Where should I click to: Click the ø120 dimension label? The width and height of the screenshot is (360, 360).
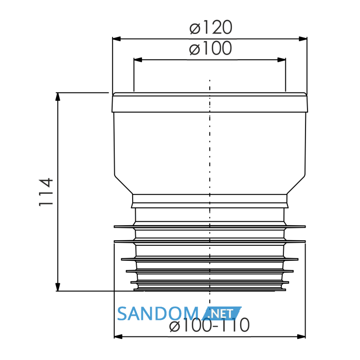click(x=211, y=28)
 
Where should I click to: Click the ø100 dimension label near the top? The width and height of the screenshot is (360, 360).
click(x=210, y=48)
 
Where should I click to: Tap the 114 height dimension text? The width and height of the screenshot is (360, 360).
click(x=46, y=192)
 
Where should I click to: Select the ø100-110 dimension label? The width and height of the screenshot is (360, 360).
click(x=209, y=325)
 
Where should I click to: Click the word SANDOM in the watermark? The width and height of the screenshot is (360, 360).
click(x=158, y=314)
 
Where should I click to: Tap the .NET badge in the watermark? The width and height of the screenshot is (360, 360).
click(x=222, y=313)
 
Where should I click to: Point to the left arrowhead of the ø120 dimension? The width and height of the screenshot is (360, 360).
click(x=117, y=39)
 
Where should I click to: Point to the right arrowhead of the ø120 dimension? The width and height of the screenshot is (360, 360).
click(x=303, y=39)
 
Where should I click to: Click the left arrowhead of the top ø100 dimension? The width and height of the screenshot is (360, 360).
click(x=138, y=60)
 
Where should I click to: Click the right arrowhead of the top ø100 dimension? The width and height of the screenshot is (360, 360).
click(x=281, y=60)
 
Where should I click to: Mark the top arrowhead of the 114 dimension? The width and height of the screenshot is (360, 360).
click(x=58, y=97)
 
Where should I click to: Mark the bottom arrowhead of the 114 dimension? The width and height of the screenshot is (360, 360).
click(x=58, y=287)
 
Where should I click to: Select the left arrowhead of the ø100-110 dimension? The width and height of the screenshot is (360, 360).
click(x=118, y=336)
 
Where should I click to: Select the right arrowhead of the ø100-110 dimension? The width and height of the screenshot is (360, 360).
click(x=301, y=336)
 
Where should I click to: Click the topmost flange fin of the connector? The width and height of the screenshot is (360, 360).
click(x=210, y=227)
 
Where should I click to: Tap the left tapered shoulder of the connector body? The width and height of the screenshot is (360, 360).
click(x=124, y=184)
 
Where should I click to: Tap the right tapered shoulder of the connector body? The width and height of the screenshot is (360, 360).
click(x=296, y=184)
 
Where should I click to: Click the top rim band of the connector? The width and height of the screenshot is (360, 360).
click(x=210, y=102)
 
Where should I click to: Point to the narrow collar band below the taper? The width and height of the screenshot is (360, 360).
click(x=210, y=201)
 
